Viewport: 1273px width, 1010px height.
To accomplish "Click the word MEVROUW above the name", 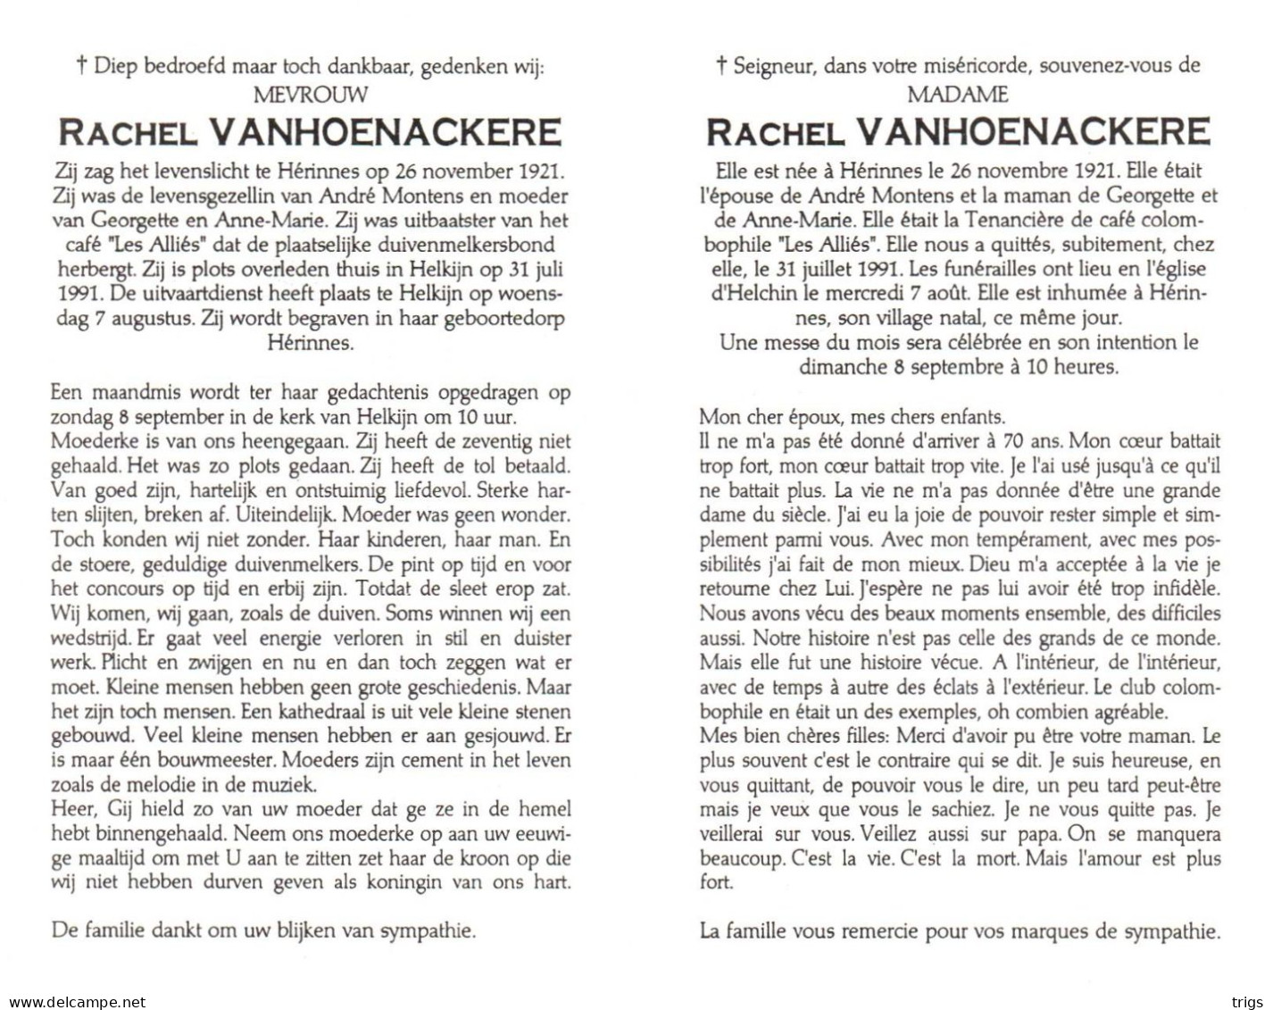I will click(311, 94).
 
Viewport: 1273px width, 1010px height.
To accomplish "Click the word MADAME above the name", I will click(958, 94).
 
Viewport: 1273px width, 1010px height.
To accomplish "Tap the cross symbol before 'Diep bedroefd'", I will click(82, 64).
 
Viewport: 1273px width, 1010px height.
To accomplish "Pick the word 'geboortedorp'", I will click(511, 318).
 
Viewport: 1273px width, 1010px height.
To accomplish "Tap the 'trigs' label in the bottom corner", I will click(1247, 1002).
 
